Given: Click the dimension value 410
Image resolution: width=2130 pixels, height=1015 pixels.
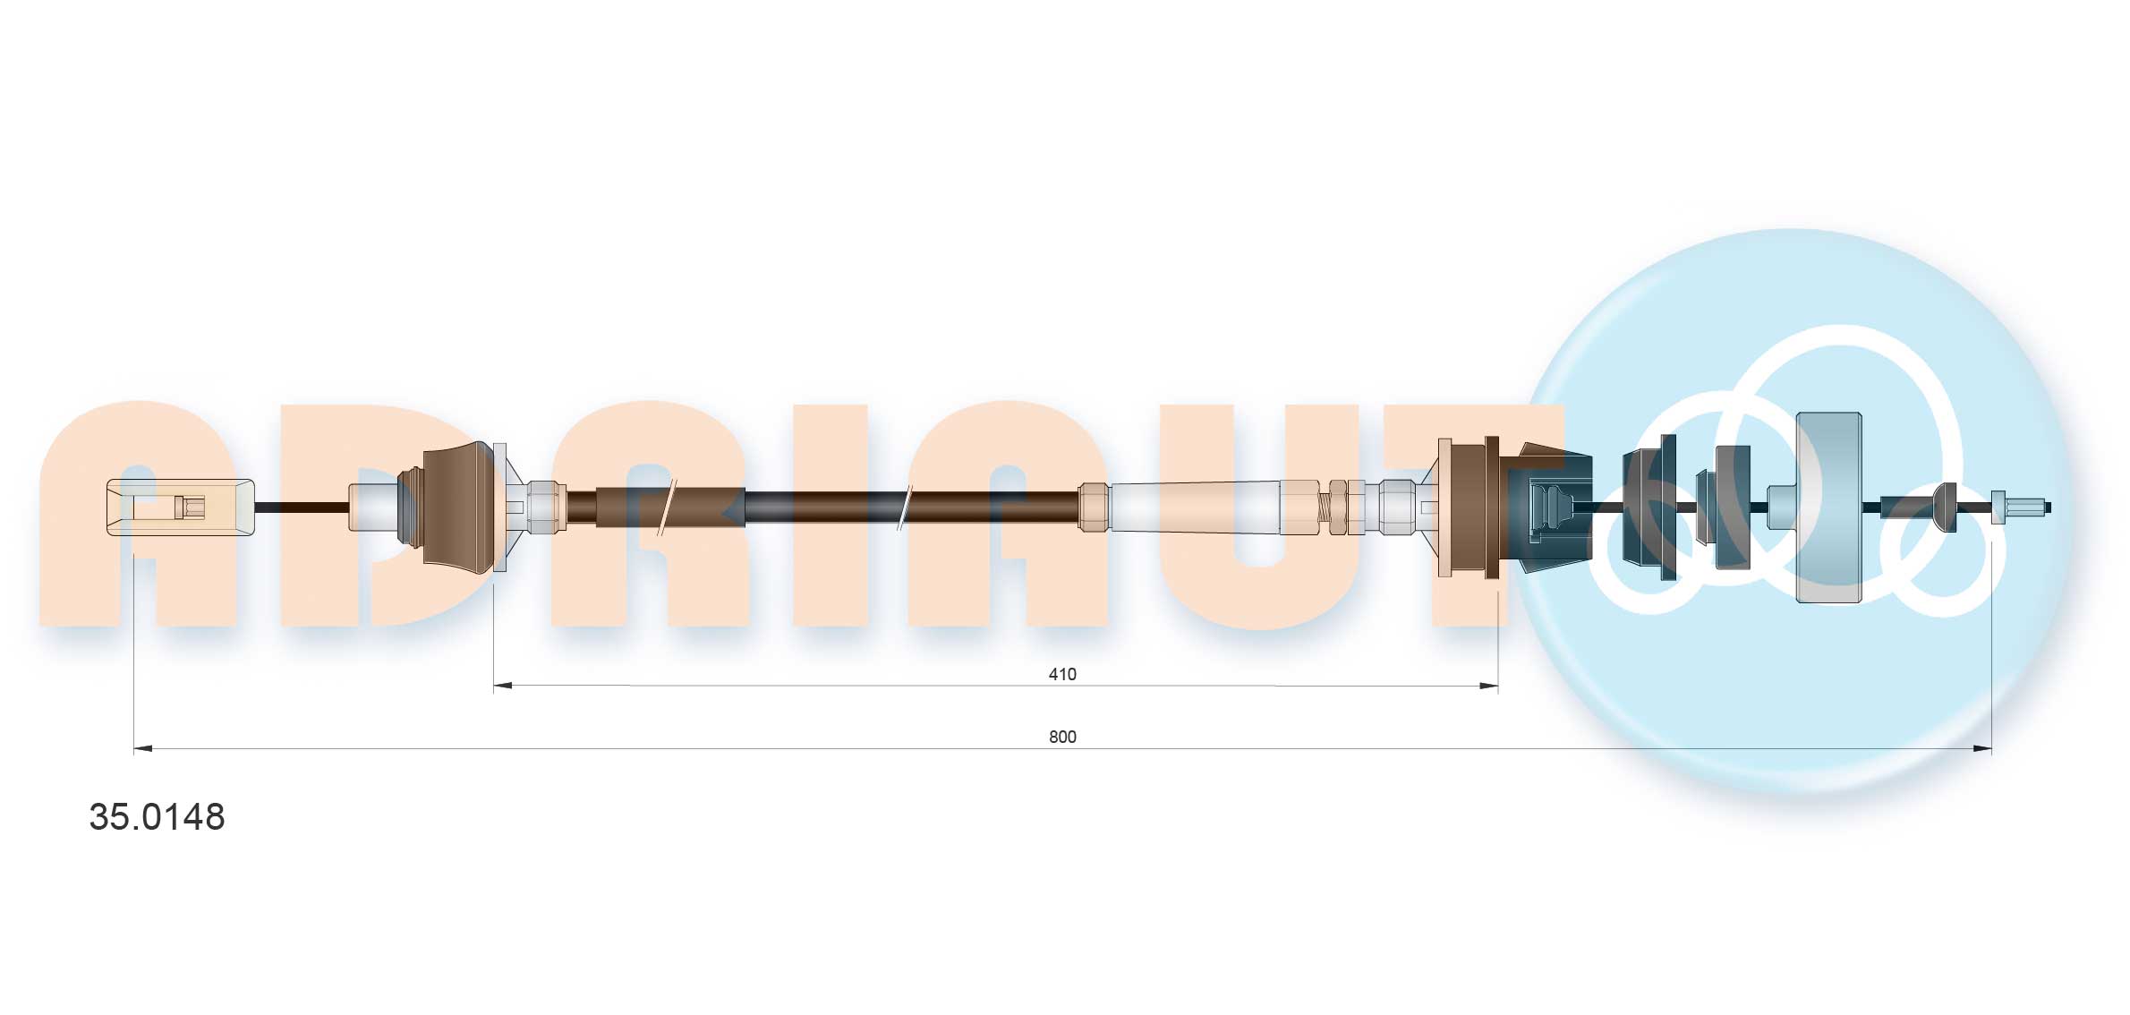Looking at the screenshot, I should coord(1062,674).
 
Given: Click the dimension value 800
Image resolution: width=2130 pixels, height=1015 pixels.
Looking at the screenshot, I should coord(1062,737).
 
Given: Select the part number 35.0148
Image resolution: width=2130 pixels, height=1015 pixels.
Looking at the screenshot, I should coord(157,817).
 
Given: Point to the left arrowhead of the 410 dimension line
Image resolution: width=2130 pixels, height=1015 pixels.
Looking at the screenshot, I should coord(503,686).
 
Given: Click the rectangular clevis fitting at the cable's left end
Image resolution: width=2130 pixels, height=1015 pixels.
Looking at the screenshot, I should coord(180,507).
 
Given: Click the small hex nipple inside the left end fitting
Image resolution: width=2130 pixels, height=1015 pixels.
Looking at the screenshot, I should coord(192,507).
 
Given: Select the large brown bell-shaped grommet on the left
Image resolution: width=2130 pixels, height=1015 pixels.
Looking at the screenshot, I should coord(458,507).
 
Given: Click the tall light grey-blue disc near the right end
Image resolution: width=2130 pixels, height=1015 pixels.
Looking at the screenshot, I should coord(1828,507).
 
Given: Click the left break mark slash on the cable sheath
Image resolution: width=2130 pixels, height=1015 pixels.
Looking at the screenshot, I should coord(667,507).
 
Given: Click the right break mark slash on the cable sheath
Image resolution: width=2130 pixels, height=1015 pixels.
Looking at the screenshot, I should coord(905,507).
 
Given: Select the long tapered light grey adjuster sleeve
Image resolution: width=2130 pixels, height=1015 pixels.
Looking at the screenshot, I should coord(1195,507).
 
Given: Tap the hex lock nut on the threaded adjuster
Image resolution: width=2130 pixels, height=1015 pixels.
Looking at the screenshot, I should coord(1337,507).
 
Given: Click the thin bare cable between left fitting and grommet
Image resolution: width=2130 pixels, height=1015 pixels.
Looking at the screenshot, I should coord(301,507).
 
